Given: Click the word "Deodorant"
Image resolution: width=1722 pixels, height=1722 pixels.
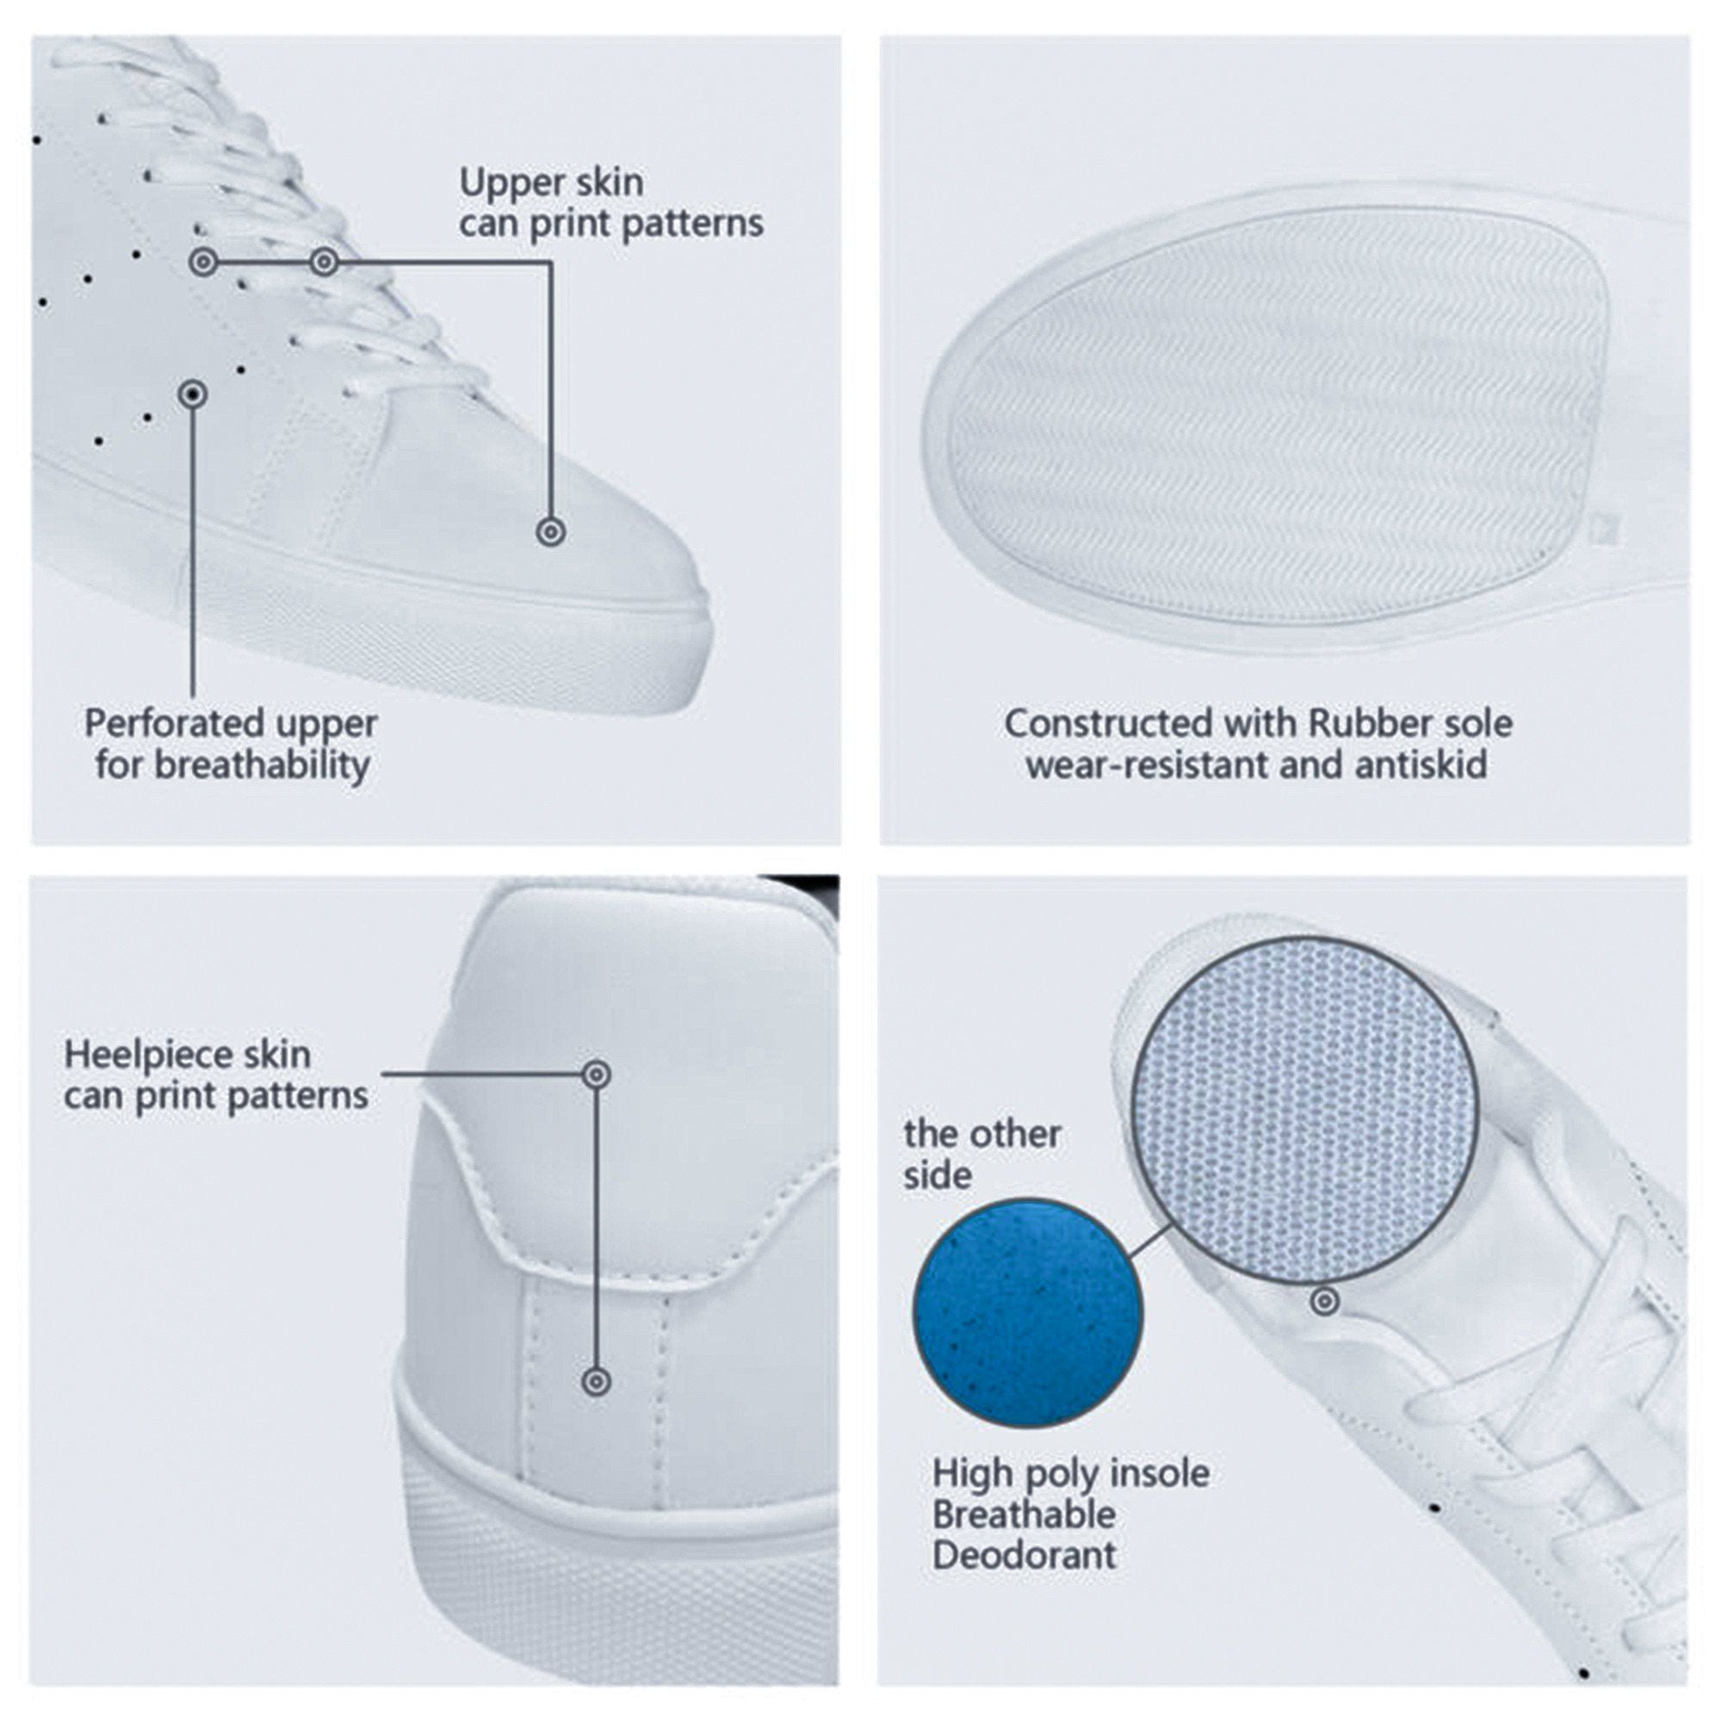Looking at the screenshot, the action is tap(1024, 1556).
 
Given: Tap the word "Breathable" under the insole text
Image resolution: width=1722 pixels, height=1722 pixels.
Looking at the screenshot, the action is tap(1024, 1515).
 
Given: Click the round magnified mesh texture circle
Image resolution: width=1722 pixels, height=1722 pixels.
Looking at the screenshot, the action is tap(1305, 1111).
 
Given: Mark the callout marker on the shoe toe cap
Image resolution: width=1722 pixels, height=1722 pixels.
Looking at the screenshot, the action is tap(552, 532).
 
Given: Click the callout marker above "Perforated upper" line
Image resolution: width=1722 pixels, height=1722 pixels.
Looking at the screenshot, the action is tap(194, 394).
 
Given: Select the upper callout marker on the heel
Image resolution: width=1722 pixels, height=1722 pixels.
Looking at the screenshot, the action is tap(597, 1074).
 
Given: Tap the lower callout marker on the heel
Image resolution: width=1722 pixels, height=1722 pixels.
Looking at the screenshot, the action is tap(597, 1383).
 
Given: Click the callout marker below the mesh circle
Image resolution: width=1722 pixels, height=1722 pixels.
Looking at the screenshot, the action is tap(1325, 1302).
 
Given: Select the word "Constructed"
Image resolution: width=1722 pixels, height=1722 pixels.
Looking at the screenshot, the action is tap(1108, 724).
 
